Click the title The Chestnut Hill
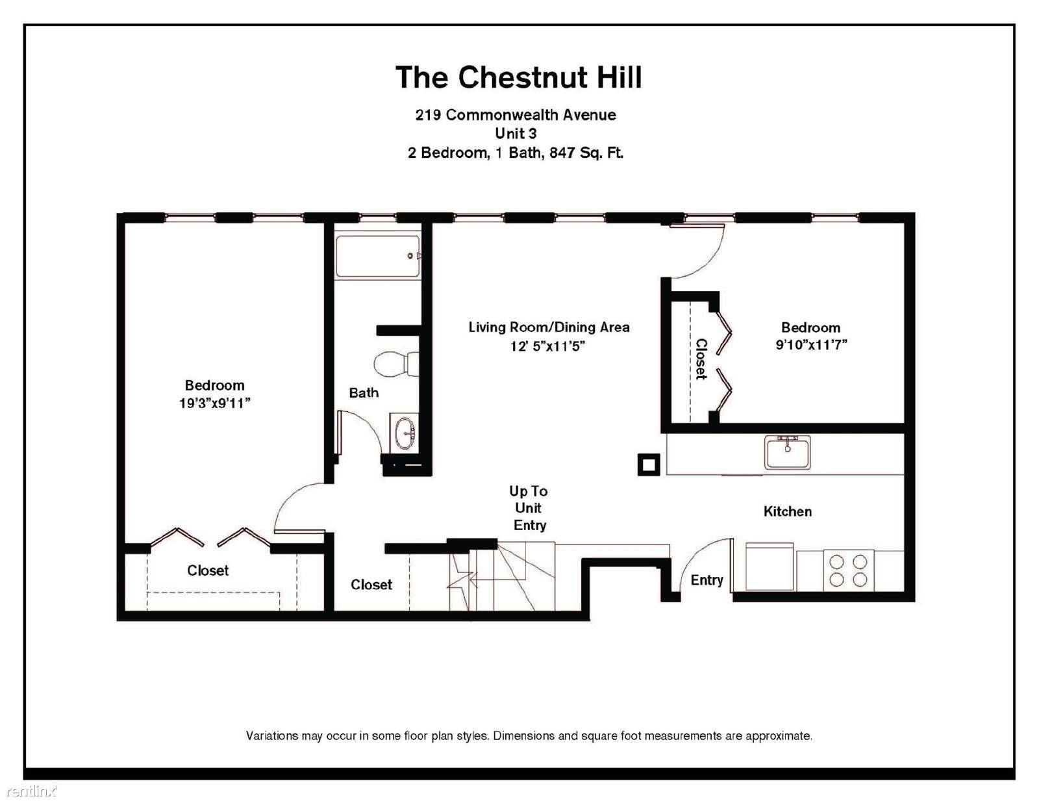click(x=519, y=77)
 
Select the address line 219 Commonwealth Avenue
click(x=516, y=115)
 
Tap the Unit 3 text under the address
click(x=516, y=133)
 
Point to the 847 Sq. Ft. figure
click(x=586, y=153)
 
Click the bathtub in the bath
click(x=378, y=256)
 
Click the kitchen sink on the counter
click(x=787, y=452)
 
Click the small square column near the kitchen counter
click(x=649, y=465)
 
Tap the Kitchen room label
click(x=788, y=512)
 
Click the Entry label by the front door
click(x=707, y=581)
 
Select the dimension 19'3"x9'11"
click(x=215, y=403)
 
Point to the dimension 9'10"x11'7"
click(x=811, y=345)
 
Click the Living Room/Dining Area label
click(x=549, y=327)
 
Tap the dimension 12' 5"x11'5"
click(x=547, y=346)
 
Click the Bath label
click(x=364, y=393)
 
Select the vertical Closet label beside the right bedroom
click(x=701, y=359)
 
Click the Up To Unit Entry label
click(x=529, y=508)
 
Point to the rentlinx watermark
click(x=29, y=791)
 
